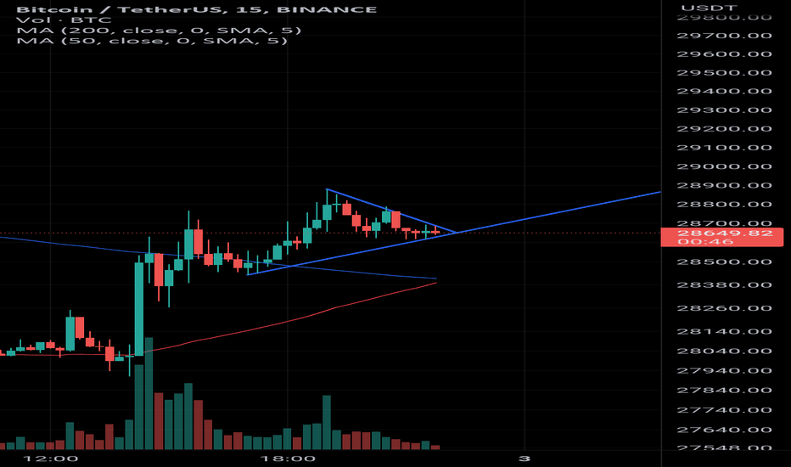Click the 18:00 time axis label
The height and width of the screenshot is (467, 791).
(289, 459)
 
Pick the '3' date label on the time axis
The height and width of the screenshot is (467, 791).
(525, 459)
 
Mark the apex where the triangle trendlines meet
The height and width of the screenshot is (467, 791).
(457, 232)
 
